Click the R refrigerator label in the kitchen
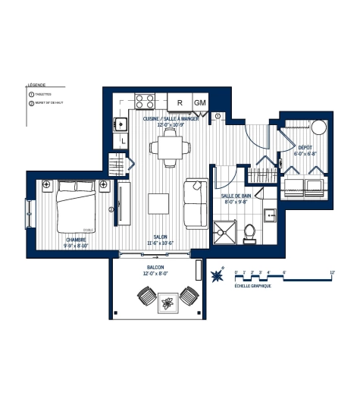coord(180,102)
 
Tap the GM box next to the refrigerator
coord(200,102)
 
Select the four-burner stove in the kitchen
coord(146,101)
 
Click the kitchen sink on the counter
coord(120,121)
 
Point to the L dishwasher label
coord(121,141)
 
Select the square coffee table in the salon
coord(158,204)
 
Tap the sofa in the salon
coord(196,202)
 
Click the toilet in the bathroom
coord(249,234)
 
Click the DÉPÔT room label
coord(305,148)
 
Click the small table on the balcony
coord(168,304)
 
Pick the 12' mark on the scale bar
coord(332,271)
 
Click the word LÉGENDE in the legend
coord(36,85)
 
